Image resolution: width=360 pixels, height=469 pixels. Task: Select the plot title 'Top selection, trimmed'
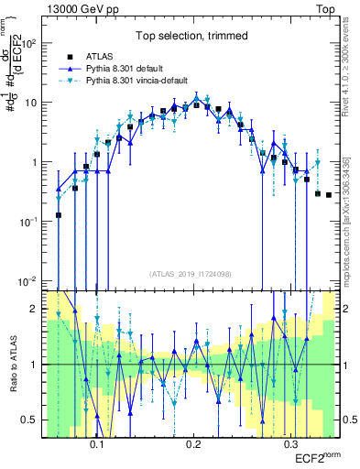tap(191, 37)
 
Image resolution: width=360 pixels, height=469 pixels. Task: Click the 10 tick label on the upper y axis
tap(33, 103)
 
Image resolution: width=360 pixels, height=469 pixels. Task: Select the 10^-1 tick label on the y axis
tap(30, 222)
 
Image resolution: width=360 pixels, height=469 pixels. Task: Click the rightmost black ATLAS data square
tap(329, 195)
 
